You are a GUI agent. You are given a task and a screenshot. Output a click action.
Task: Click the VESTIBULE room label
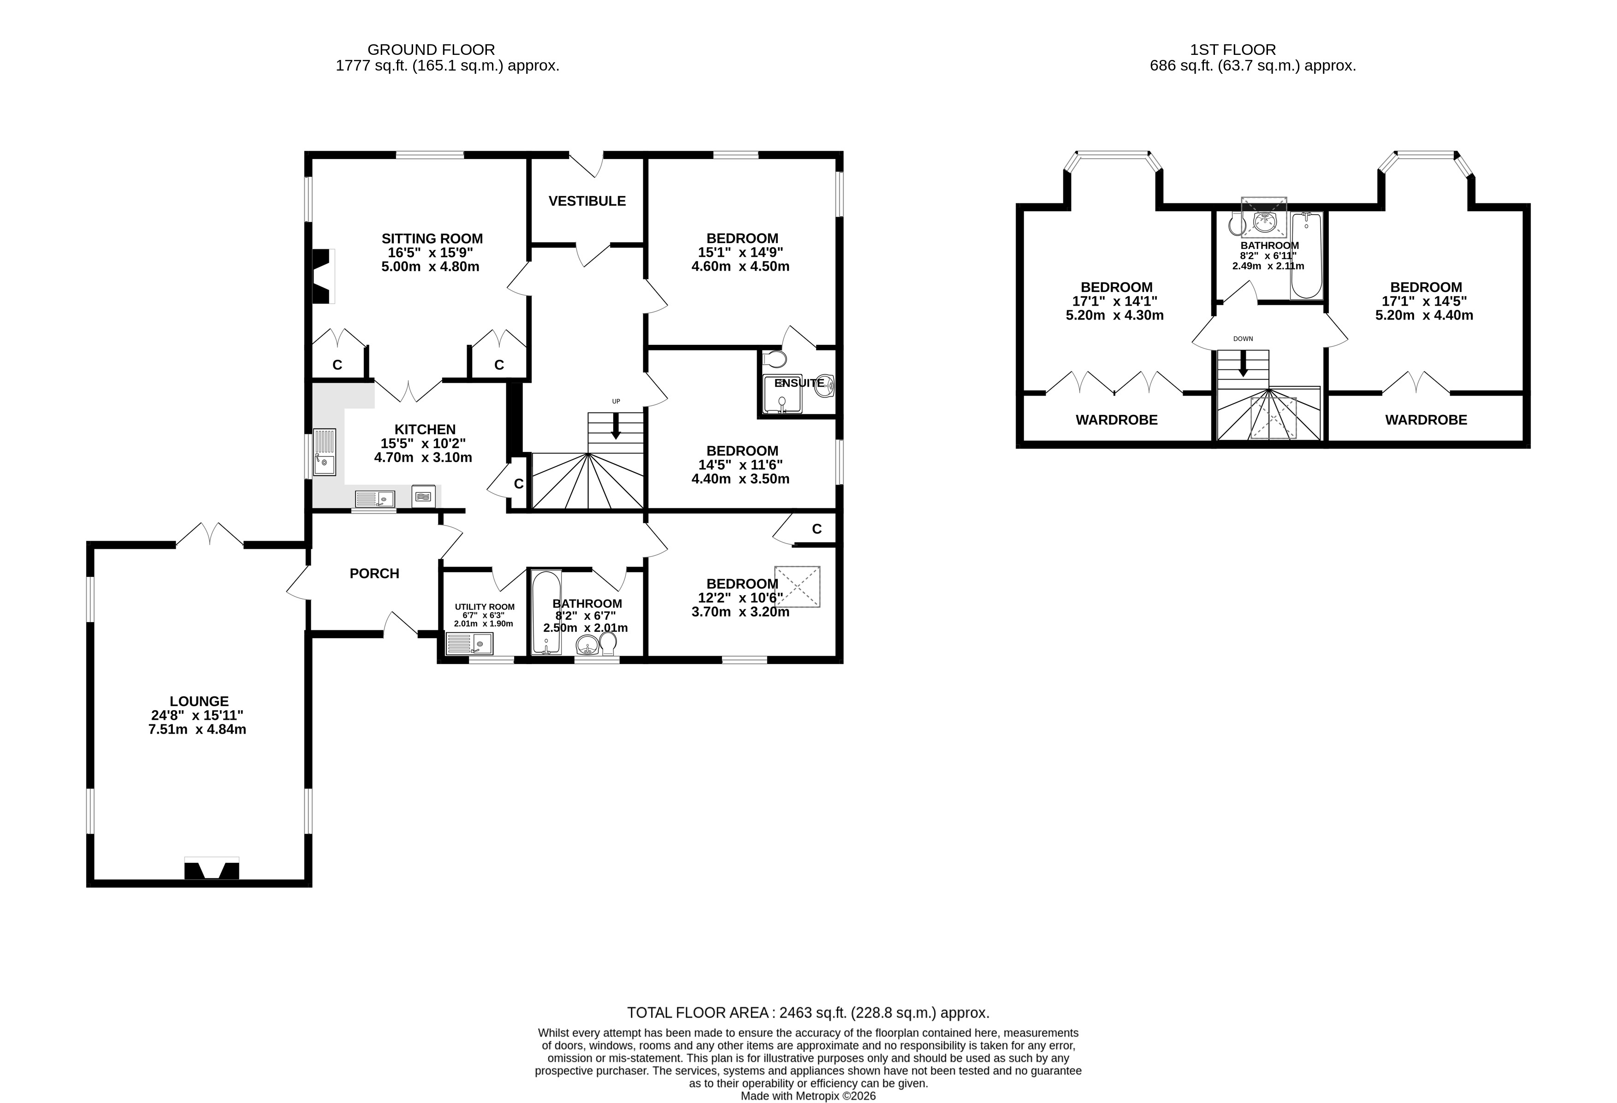point(587,201)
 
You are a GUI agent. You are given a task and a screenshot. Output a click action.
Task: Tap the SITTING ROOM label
point(432,239)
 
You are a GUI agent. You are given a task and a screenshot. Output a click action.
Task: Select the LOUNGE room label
point(199,701)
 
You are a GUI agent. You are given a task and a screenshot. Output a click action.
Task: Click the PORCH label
point(374,574)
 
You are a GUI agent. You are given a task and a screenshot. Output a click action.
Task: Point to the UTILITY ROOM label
point(485,607)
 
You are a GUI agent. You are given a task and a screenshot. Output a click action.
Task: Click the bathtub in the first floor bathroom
point(1306,255)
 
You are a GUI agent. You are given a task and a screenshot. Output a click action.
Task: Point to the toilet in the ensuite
point(775,359)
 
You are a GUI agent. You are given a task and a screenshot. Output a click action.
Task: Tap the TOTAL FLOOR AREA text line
point(808,1013)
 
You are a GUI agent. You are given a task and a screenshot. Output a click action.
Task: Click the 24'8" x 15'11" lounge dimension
point(198,715)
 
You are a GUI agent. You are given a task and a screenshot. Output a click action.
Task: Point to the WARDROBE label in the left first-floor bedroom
point(1117,420)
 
